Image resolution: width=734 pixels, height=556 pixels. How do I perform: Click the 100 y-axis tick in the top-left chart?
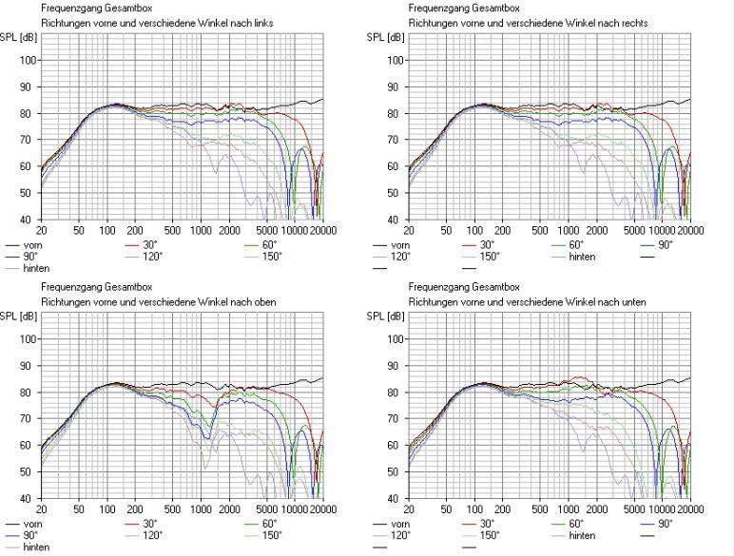(x=28, y=60)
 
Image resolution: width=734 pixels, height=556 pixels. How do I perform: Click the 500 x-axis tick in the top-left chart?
(x=172, y=230)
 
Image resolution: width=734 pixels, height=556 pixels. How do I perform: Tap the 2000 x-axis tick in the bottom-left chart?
(x=228, y=508)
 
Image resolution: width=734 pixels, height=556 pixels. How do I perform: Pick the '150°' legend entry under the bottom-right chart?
(x=490, y=535)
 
